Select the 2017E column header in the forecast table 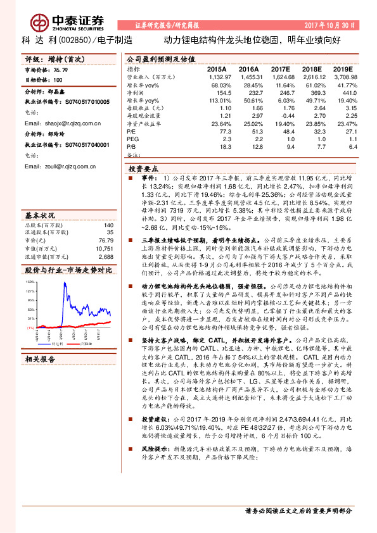tap(280, 68)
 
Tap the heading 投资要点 tap(143, 170)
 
